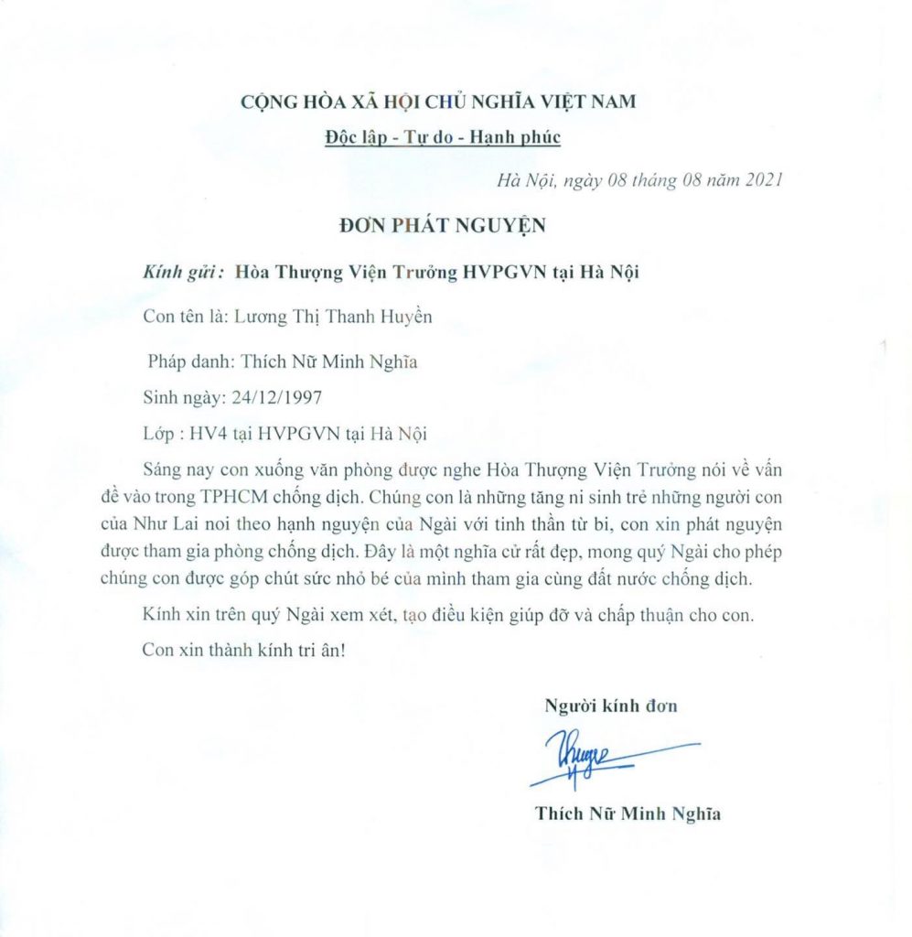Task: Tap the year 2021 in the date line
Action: point(763,180)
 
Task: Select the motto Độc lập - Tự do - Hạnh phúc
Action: point(443,137)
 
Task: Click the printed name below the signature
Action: point(628,813)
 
